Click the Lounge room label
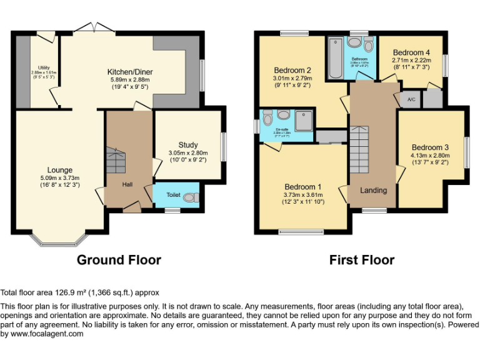[x=60, y=170]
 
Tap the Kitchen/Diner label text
[x=131, y=72]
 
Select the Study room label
[x=187, y=145]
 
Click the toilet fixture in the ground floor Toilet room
[x=191, y=197]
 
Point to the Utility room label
[x=44, y=67]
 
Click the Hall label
[x=127, y=184]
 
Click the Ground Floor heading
[x=119, y=260]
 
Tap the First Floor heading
[x=362, y=260]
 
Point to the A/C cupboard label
[x=411, y=99]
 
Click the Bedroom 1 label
[x=302, y=187]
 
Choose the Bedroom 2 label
[x=292, y=70]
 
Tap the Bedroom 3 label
[x=429, y=147]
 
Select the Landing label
[x=374, y=190]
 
